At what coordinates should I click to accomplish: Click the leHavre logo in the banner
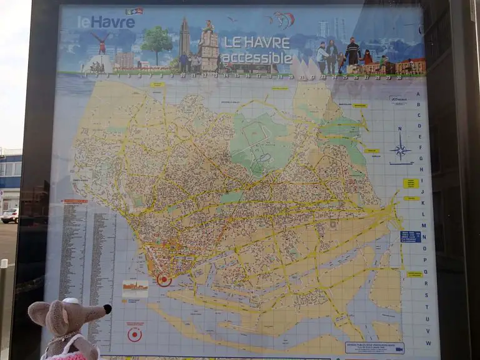[106, 22]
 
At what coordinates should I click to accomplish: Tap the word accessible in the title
[257, 59]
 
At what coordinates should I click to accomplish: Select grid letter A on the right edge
[418, 95]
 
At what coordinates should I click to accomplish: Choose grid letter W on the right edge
[429, 342]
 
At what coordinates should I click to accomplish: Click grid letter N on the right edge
[424, 237]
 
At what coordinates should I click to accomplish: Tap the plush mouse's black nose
[107, 309]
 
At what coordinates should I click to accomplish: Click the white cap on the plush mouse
[69, 301]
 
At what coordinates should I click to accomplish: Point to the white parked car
[10, 216]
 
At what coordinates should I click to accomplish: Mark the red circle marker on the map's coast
[164, 280]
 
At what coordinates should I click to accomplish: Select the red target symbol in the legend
[134, 334]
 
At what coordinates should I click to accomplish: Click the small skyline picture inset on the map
[136, 287]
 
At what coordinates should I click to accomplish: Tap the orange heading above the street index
[76, 201]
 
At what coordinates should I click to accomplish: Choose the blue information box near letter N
[410, 236]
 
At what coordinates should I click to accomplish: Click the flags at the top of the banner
[134, 11]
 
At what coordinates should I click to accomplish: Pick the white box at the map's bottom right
[374, 347]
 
